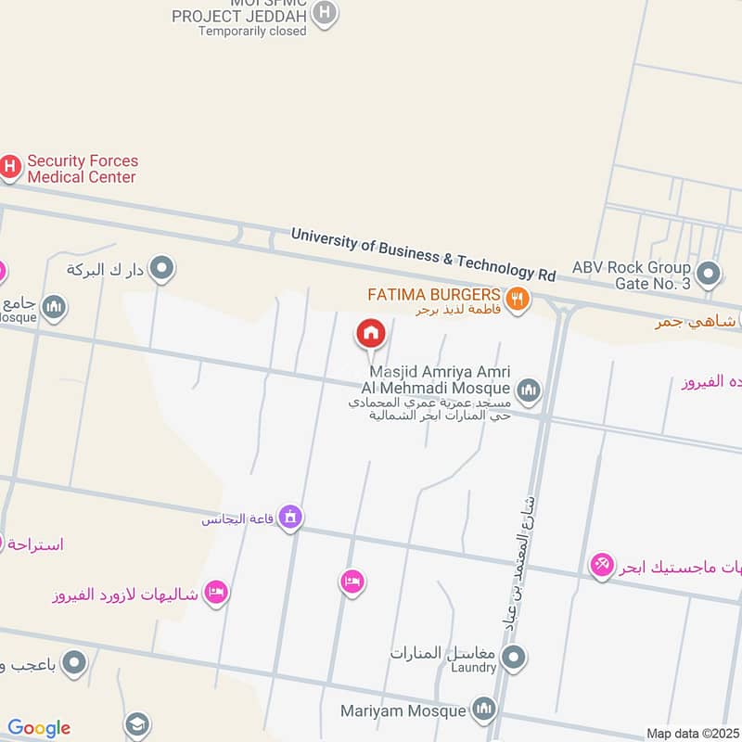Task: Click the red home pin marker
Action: [x=370, y=333]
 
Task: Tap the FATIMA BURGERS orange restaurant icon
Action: [x=518, y=298]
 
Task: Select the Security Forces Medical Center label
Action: [x=82, y=169]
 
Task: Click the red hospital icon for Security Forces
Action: [x=9, y=167]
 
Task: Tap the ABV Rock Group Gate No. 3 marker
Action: [x=709, y=274]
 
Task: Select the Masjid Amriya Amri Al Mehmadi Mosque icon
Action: [x=529, y=389]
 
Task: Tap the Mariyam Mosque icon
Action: [x=483, y=710]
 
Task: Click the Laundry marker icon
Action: [x=514, y=659]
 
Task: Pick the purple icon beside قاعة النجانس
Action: [x=290, y=517]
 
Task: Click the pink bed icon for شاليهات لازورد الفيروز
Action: [x=216, y=592]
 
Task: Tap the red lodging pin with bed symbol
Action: [x=352, y=582]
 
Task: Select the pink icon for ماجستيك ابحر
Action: [x=602, y=564]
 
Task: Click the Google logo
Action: [x=39, y=729]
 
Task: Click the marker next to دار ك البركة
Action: [x=163, y=269]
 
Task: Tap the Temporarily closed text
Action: [x=251, y=31]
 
